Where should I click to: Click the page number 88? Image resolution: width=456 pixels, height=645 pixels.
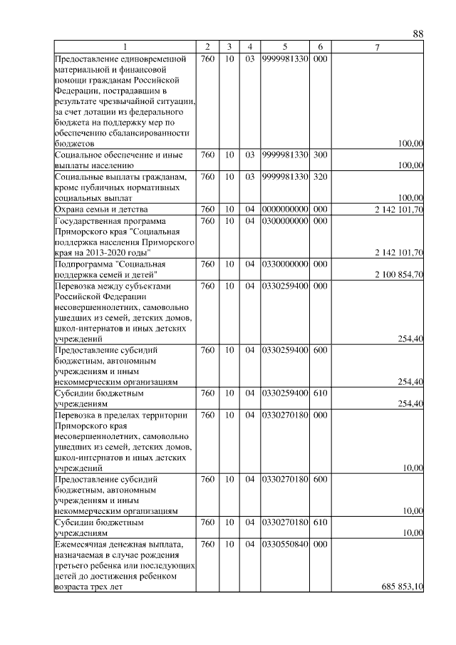418,34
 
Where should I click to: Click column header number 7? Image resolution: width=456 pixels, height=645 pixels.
378,47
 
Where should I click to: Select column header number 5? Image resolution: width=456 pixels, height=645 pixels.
284,47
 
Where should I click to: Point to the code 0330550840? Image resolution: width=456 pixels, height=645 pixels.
284,545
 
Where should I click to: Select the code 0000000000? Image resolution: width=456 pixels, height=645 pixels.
284,210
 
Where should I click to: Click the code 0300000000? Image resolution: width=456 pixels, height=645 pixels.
284,221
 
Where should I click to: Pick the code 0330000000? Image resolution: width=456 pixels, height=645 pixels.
284,264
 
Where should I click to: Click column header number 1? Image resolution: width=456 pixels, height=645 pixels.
125,47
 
